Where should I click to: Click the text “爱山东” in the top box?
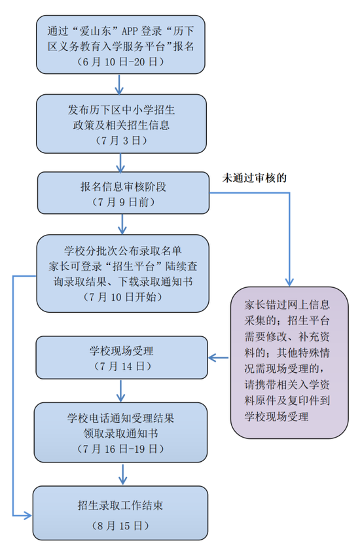[x=94, y=31]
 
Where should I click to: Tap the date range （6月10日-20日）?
[x=120, y=61]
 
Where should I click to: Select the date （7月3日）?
[x=121, y=141]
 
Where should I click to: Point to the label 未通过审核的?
[x=254, y=177]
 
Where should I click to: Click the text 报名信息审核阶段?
[x=123, y=186]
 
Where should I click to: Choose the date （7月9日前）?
[x=123, y=202]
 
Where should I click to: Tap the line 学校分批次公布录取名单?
[x=123, y=251]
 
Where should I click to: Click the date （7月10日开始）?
[x=122, y=297]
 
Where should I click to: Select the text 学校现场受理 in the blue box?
[x=122, y=351]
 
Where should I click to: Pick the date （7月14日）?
[x=122, y=366]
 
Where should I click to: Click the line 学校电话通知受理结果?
[x=121, y=418]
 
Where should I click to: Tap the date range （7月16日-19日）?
[x=120, y=449]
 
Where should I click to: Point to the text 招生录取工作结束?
[x=120, y=505]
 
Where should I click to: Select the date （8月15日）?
[x=120, y=526]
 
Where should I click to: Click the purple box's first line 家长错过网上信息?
[x=287, y=305]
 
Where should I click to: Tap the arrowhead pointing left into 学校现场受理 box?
[x=213, y=357]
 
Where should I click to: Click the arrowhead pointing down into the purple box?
[x=289, y=281]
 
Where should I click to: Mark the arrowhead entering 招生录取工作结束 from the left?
[x=27, y=516]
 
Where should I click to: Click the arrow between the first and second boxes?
[x=119, y=84]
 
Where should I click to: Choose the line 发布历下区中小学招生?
[x=121, y=109]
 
